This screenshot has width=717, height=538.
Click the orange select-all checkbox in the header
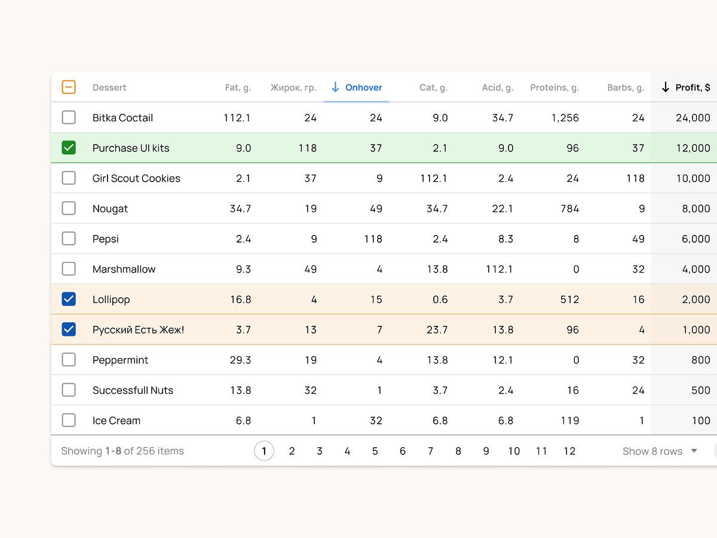coord(69,87)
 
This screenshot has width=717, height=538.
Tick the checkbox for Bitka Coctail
coord(69,118)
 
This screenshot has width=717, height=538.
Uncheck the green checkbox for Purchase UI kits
coord(69,148)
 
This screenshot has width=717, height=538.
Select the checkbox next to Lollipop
coord(69,299)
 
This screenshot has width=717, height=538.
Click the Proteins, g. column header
coord(554,87)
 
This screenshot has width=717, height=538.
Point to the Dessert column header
coord(109,87)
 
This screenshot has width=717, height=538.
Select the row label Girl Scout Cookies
coord(136,178)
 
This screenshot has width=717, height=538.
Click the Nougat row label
coord(110,209)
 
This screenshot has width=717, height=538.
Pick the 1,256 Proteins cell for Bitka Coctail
coord(565,118)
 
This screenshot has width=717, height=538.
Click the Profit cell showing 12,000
coord(693,148)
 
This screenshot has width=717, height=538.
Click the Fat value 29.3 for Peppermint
coord(240,360)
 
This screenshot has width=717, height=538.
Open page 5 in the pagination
coord(375,451)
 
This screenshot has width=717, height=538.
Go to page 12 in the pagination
coord(569,451)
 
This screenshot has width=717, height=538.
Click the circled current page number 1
coord(264,451)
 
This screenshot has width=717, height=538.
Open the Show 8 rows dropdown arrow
coord(694,451)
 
